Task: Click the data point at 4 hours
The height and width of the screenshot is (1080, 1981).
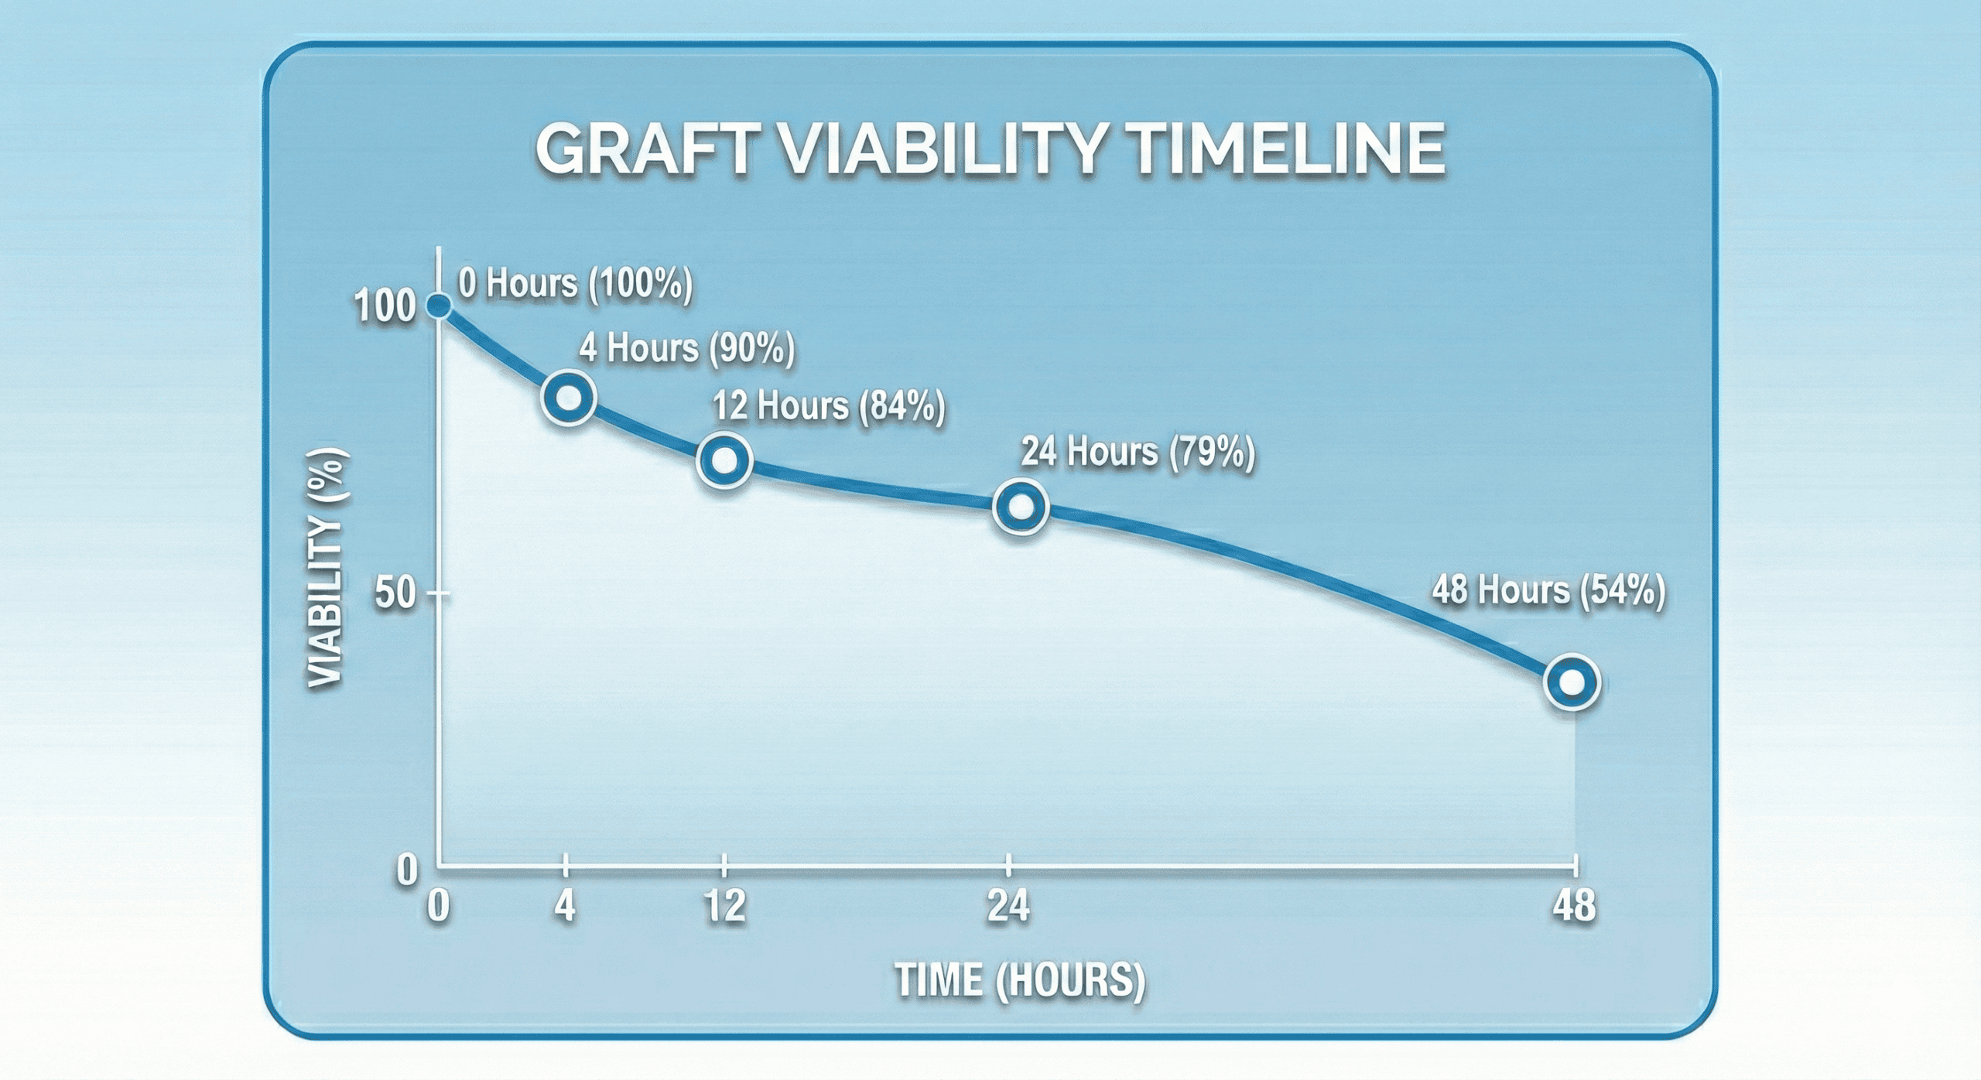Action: click(x=569, y=398)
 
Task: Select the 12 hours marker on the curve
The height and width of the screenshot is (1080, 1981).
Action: click(x=724, y=460)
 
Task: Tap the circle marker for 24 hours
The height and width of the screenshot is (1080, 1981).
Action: click(x=1021, y=507)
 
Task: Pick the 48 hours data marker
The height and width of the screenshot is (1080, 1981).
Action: click(x=1572, y=682)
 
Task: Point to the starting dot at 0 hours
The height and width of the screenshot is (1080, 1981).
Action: click(x=439, y=306)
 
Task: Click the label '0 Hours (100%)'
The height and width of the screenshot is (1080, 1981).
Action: click(x=575, y=283)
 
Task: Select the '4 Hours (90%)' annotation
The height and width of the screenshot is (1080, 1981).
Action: click(x=686, y=348)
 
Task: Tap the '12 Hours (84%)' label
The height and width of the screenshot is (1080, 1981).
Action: click(x=829, y=406)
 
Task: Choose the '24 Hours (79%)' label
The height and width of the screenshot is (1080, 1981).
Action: click(x=1138, y=452)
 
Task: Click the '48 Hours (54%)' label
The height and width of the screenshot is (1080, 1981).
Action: click(x=1548, y=591)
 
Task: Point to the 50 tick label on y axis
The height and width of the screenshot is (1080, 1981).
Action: click(x=395, y=594)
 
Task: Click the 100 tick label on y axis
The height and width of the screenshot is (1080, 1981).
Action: click(x=385, y=307)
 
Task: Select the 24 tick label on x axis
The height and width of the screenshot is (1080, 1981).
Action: click(x=1008, y=906)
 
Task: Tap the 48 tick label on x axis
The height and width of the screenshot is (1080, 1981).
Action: click(x=1573, y=906)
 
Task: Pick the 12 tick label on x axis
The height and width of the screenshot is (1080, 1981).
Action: click(x=724, y=906)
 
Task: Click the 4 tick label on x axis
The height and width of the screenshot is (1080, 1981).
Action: click(x=565, y=906)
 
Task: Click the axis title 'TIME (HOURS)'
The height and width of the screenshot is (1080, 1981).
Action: click(x=1020, y=980)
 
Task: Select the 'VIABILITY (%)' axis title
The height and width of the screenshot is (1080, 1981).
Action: click(x=325, y=569)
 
